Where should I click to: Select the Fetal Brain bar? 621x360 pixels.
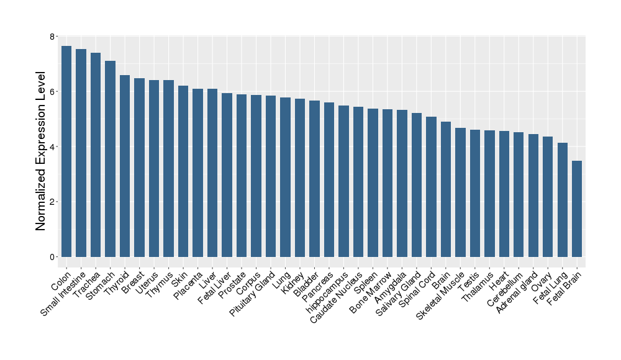[x=577, y=209]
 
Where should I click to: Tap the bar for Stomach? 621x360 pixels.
[x=110, y=158]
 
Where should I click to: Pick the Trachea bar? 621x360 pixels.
[x=96, y=155]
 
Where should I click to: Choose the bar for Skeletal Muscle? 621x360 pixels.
[x=460, y=192]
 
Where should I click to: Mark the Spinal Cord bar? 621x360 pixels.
[x=431, y=186]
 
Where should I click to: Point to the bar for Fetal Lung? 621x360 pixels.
[x=563, y=199]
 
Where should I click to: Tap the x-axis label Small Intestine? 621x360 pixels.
[x=64, y=294]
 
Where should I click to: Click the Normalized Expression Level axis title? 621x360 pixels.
[x=41, y=151]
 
